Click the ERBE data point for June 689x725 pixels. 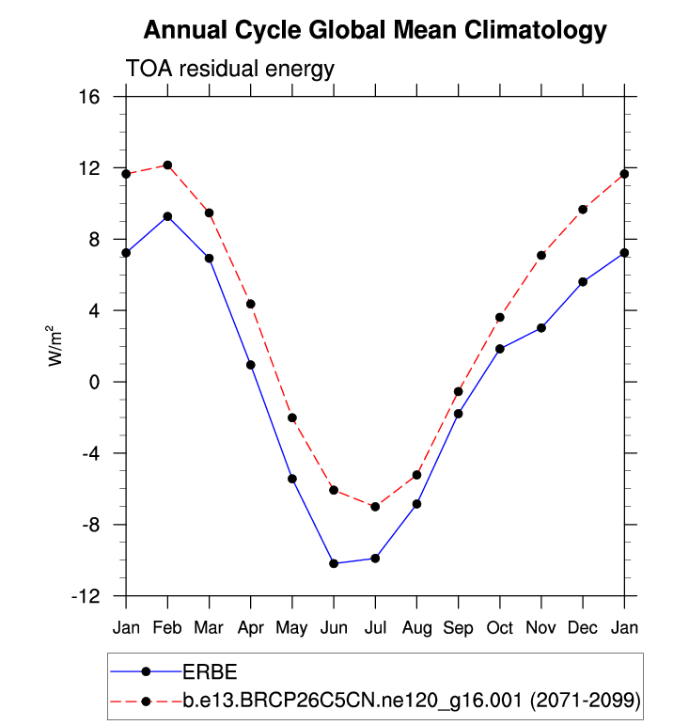click(x=334, y=563)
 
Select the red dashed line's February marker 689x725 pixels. click(x=167, y=165)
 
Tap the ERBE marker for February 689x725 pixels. click(x=167, y=216)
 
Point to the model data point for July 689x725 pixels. click(x=375, y=507)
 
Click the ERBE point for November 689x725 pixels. click(x=541, y=328)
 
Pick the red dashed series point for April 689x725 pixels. click(x=251, y=304)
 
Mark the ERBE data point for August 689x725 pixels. click(x=416, y=504)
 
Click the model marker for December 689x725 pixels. click(x=583, y=209)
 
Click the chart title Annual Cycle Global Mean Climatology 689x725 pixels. click(x=375, y=31)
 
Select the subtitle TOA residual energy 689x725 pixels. click(x=230, y=69)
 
